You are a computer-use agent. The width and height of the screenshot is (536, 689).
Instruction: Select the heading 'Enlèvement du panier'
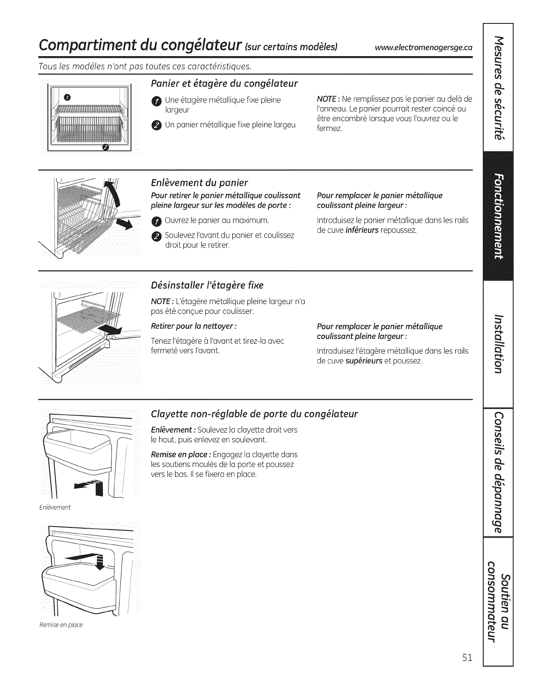coord(200,183)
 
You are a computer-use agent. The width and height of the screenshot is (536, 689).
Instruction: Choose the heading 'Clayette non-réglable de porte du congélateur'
coord(254,414)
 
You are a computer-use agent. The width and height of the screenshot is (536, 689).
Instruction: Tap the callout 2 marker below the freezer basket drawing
coord(106,147)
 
